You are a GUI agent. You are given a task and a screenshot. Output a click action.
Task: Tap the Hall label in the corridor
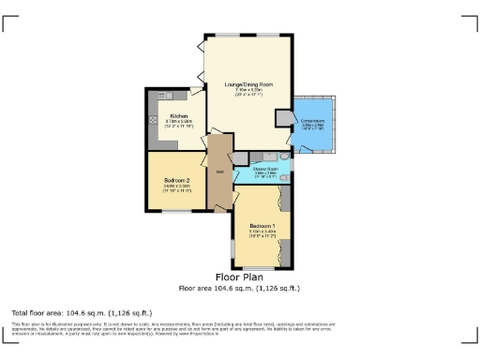click(219, 172)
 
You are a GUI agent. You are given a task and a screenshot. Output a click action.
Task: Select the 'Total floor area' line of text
click(82, 312)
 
